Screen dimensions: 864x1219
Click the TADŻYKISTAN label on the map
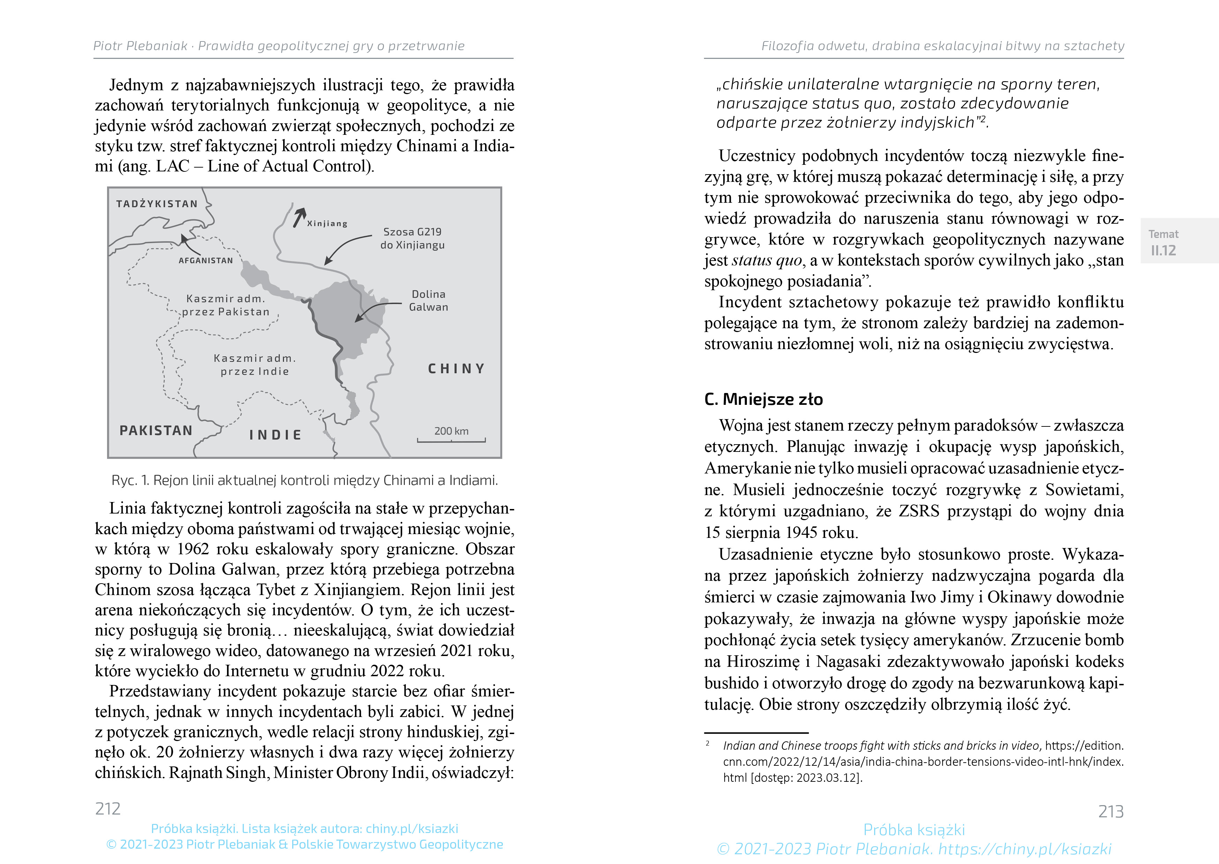[157, 204]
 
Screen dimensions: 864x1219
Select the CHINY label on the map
[456, 369]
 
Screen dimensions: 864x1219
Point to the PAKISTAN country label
[156, 430]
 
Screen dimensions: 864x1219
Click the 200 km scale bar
[452, 439]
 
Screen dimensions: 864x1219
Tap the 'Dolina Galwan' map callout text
[429, 301]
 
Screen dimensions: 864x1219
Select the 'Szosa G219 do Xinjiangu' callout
[412, 238]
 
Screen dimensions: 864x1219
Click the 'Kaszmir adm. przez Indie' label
[255, 365]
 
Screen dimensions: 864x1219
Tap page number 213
[1111, 811]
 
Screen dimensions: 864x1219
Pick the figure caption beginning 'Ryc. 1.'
[304, 480]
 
